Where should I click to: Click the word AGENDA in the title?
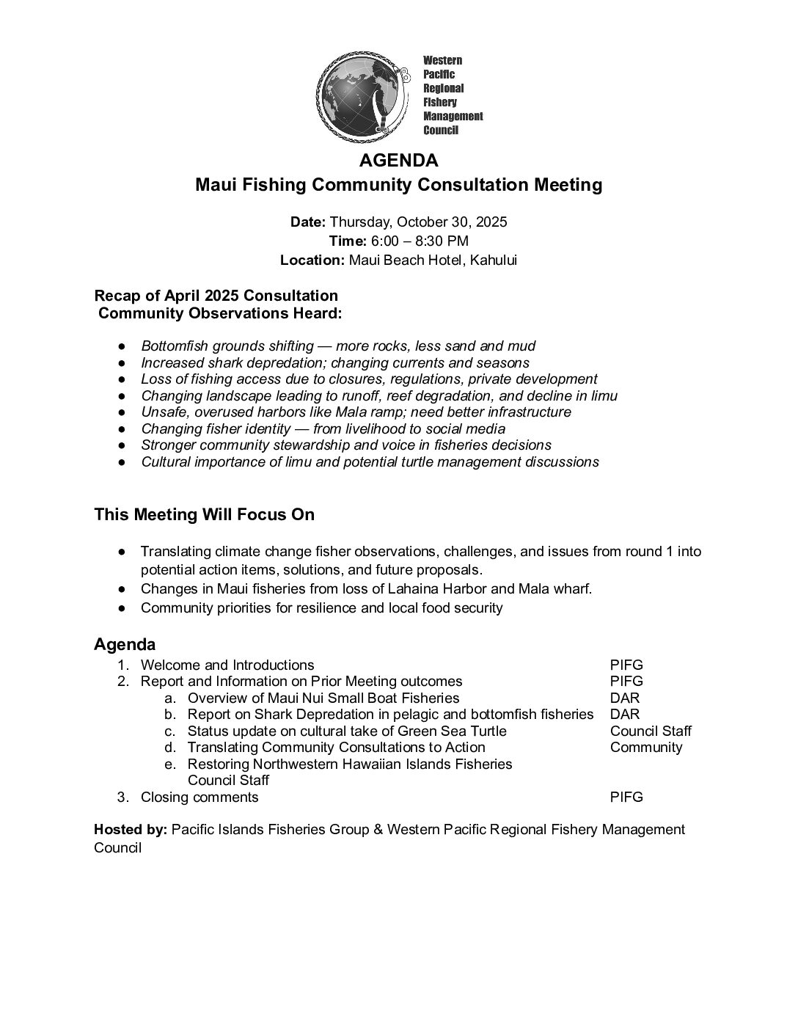(x=399, y=160)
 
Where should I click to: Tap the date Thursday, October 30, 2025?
(x=418, y=222)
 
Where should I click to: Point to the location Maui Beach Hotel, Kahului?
(x=433, y=260)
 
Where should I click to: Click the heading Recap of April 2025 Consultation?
(x=216, y=296)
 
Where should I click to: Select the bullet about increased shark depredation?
(x=335, y=362)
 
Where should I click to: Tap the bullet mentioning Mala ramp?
(x=356, y=412)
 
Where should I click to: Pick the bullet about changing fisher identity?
(x=323, y=428)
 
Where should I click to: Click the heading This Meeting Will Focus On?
(x=204, y=514)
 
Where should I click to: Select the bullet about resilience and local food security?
(x=321, y=607)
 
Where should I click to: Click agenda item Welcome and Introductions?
(x=227, y=665)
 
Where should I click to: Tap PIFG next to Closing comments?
(x=626, y=797)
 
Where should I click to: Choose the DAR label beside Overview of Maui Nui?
(x=624, y=698)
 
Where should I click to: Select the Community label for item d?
(x=646, y=747)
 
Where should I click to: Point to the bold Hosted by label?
(x=131, y=829)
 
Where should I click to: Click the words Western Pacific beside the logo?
(x=442, y=67)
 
